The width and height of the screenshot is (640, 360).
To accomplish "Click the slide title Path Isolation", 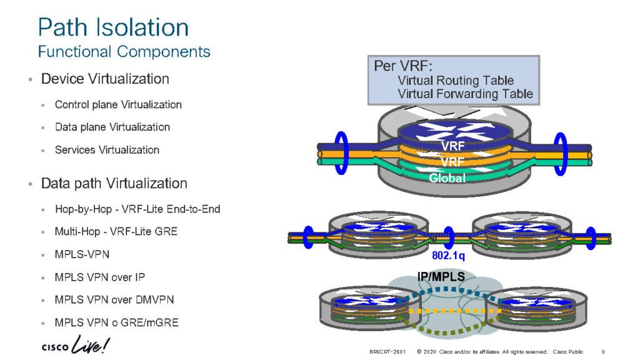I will pos(113,27).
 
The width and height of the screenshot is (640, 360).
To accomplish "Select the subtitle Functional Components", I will pos(124,51).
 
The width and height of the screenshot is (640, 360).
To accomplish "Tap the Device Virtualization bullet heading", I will pos(105,79).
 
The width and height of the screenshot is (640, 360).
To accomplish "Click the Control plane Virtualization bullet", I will pos(118,105).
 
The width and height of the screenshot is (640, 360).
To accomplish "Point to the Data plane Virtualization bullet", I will pos(112,127).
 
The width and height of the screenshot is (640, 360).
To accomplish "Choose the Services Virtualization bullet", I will pos(107,150).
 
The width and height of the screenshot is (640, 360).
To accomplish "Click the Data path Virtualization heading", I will pos(114,184).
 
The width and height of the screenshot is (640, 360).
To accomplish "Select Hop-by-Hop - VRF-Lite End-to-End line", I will pos(137,209).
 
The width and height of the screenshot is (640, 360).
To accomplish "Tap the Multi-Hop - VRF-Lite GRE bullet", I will pos(116,232).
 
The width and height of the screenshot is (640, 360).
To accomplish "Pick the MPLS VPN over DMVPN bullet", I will pos(114,300).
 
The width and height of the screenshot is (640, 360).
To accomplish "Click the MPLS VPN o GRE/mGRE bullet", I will pos(116,322).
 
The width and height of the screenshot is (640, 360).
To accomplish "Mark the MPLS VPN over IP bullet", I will pos(100,277).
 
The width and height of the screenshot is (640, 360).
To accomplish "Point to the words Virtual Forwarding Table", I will pos(465,94).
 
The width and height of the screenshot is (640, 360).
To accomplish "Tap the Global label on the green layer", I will pos(447,178).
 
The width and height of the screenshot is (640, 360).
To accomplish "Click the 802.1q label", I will pos(447,256).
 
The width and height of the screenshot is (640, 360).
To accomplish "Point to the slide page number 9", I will pos(602,352).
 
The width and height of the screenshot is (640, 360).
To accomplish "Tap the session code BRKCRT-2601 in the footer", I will pos(387,352).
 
